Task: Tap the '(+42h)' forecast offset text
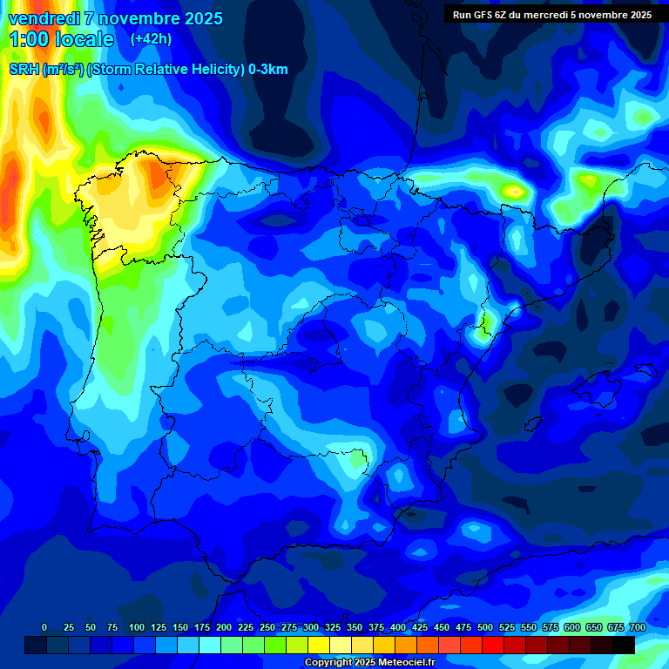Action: (x=151, y=38)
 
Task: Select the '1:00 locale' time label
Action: (x=61, y=39)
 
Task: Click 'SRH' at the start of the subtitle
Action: (x=24, y=70)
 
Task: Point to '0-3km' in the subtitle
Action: (x=268, y=70)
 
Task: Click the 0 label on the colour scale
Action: (x=44, y=627)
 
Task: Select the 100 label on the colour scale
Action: (x=137, y=627)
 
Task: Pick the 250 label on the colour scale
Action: (x=267, y=627)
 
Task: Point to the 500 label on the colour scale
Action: (x=485, y=627)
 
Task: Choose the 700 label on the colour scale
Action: (x=637, y=627)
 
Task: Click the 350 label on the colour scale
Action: (x=355, y=627)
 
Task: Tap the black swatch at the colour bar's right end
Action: (x=624, y=645)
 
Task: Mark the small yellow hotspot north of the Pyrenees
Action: (x=514, y=190)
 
